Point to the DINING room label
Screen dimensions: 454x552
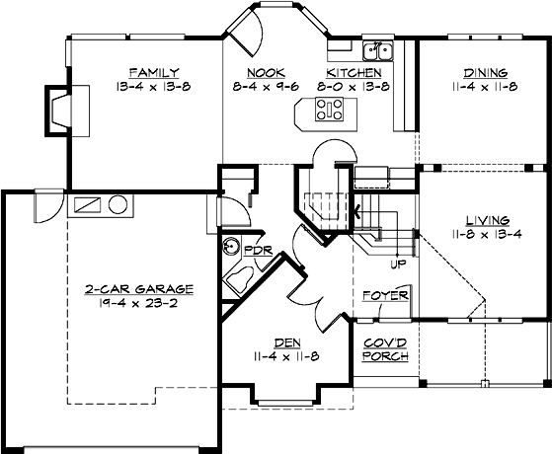(484, 72)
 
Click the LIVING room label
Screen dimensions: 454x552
(484, 219)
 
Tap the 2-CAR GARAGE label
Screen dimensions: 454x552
(138, 290)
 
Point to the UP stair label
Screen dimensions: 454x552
(398, 264)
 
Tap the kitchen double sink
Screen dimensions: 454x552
(375, 50)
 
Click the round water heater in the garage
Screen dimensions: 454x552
(118, 206)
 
